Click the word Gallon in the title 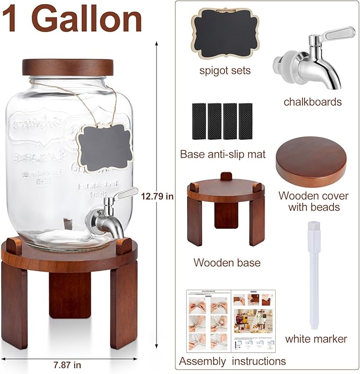point(90,20)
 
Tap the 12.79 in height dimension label point(157,196)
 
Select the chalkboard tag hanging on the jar point(104,147)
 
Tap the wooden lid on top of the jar point(68,67)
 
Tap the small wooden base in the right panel point(226,209)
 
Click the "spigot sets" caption point(225,70)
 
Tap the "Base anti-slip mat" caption point(223,155)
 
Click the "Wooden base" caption point(226,262)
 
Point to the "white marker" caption point(316,338)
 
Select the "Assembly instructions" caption point(232,361)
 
